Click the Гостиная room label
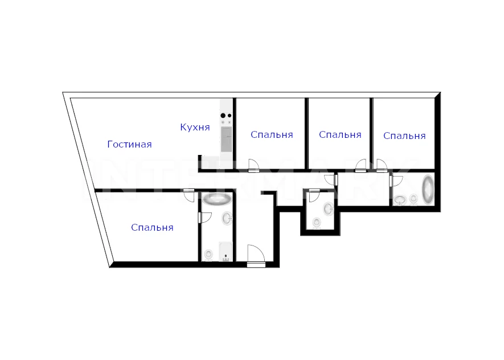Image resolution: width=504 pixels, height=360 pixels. (129, 144)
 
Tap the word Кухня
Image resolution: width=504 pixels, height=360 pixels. (195, 127)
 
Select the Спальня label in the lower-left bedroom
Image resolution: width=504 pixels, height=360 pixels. (153, 228)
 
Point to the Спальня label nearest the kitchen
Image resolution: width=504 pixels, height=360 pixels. (272, 134)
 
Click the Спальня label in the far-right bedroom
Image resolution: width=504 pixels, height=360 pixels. (405, 136)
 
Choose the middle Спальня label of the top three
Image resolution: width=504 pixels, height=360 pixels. (340, 134)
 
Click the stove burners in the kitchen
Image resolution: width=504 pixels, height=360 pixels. (226, 116)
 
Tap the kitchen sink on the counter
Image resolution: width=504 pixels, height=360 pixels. (226, 139)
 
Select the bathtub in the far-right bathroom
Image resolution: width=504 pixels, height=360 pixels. (428, 189)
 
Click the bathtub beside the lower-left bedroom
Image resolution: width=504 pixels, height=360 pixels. (217, 199)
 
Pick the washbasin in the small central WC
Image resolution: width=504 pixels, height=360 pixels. (329, 209)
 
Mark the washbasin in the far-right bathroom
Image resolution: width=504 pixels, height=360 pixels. (400, 201)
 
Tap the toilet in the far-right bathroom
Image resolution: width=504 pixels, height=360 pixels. (413, 199)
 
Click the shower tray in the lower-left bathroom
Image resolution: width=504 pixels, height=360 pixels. (226, 251)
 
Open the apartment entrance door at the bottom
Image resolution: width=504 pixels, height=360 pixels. (256, 256)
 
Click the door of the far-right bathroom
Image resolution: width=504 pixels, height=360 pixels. (396, 181)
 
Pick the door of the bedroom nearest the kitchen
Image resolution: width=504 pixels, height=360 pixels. (253, 165)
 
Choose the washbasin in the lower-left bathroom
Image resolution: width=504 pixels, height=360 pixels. (227, 218)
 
